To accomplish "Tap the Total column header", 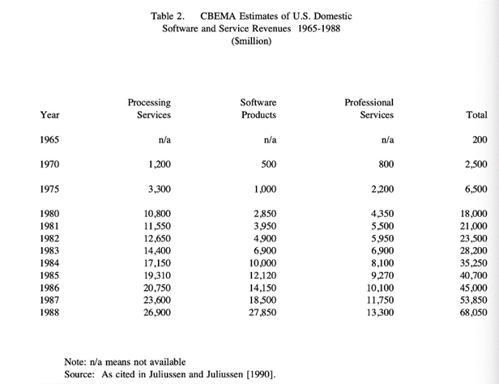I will (476, 115).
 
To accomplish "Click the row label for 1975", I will (50, 190).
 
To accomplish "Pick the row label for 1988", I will (50, 312).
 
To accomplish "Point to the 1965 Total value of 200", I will (479, 139).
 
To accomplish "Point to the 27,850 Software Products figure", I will (260, 312).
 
